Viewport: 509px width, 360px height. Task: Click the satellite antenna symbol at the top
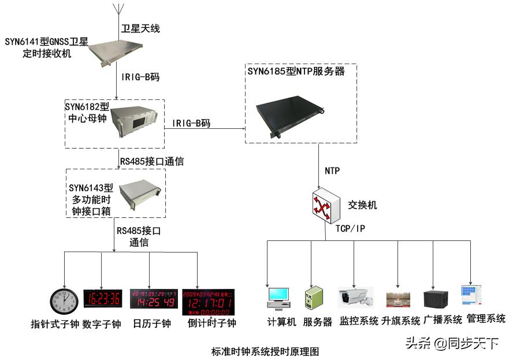pyautogui.click(x=118, y=10)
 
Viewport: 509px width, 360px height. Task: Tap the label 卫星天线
pyautogui.click(x=140, y=28)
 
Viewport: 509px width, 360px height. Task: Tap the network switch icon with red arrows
pyautogui.click(x=325, y=206)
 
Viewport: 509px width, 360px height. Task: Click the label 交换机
pyautogui.click(x=362, y=205)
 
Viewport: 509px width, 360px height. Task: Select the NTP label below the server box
pyautogui.click(x=332, y=171)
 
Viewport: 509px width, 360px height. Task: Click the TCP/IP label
pyautogui.click(x=350, y=229)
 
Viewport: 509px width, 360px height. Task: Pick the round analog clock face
pyautogui.click(x=64, y=301)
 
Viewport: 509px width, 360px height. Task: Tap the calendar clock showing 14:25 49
pyautogui.click(x=153, y=299)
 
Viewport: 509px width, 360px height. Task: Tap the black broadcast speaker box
pyautogui.click(x=436, y=298)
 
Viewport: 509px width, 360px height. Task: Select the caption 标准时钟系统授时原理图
pyautogui.click(x=265, y=351)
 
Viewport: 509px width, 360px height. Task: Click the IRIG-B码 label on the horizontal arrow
pyautogui.click(x=191, y=123)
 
